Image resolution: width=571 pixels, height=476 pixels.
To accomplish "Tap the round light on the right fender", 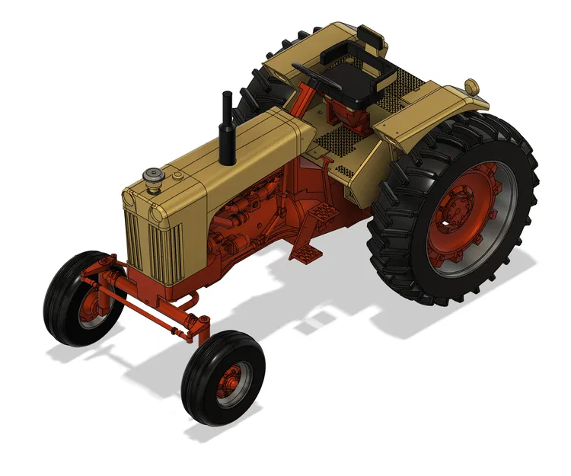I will coord(472,85).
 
